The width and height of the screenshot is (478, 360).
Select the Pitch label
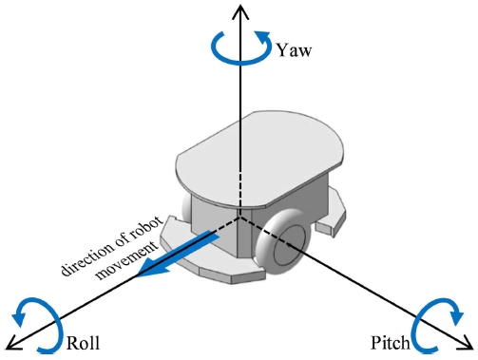(392, 341)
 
